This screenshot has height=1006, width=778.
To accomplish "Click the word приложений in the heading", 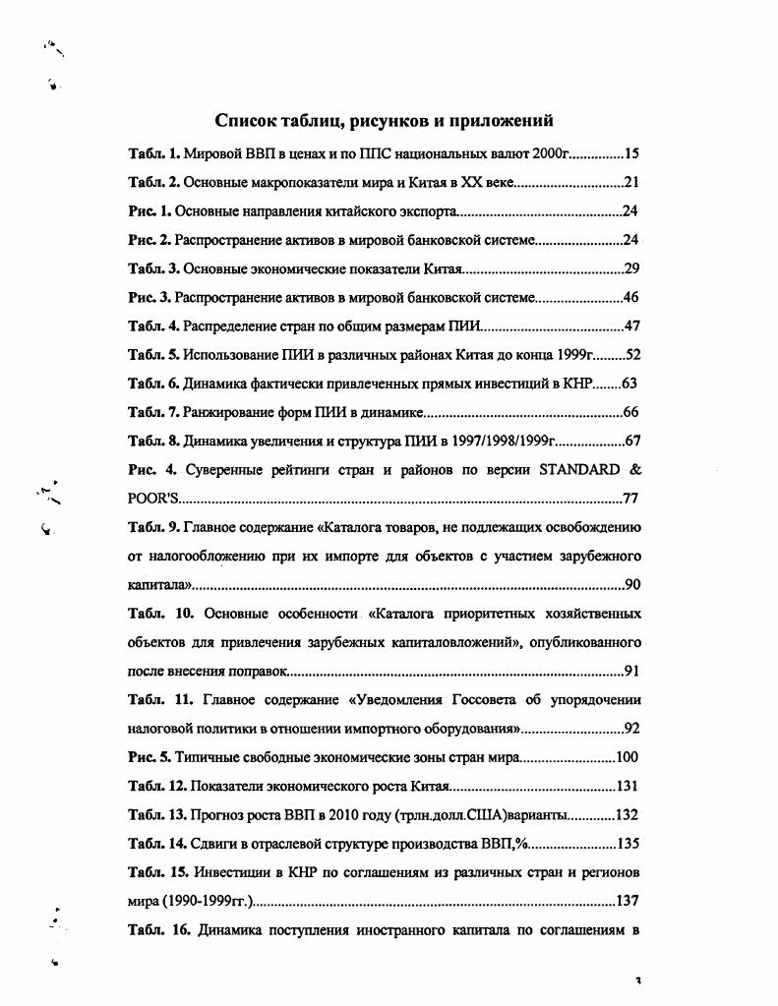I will pyautogui.click(x=499, y=121).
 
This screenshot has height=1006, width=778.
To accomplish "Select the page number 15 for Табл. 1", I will pyautogui.click(x=632, y=154).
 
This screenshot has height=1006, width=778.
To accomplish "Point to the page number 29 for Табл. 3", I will pyautogui.click(x=632, y=268).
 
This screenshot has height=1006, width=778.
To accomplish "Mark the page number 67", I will pyautogui.click(x=632, y=440).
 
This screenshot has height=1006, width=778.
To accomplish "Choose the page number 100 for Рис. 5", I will pyautogui.click(x=628, y=757).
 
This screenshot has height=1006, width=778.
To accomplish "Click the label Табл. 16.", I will pyautogui.click(x=158, y=928).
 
